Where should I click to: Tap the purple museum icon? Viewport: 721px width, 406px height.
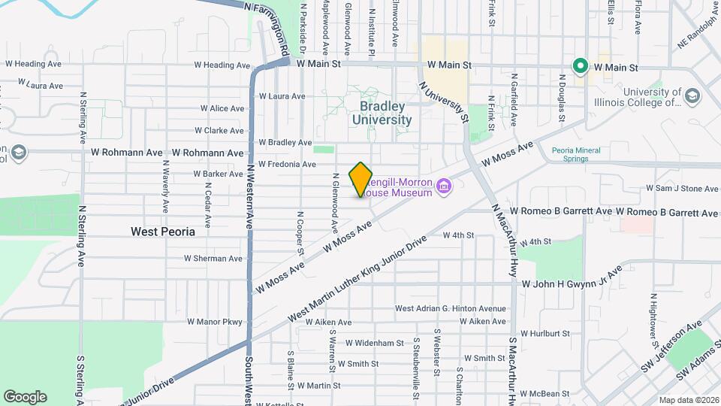[444, 186]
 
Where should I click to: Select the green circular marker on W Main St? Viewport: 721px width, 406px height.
[580, 66]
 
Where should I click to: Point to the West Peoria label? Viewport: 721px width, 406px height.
[162, 232]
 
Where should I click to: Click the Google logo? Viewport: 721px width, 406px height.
[25, 397]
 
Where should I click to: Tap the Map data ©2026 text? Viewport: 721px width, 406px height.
[688, 400]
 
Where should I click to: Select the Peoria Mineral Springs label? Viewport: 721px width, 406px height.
[576, 155]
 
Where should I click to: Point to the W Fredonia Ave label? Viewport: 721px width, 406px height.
[287, 164]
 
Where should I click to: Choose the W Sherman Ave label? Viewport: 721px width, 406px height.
[214, 259]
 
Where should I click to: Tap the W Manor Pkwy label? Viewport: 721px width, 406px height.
[213, 323]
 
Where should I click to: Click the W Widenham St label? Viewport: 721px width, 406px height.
[375, 343]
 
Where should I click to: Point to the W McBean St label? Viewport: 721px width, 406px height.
[554, 393]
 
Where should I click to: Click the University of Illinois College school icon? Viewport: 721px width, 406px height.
[692, 95]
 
